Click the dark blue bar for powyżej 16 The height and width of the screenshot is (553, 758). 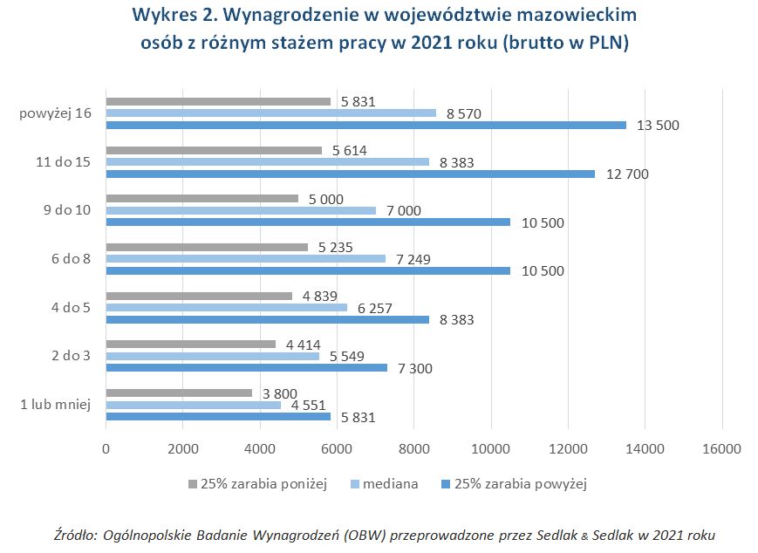coord(366,125)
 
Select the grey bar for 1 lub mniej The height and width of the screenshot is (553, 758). coord(179,393)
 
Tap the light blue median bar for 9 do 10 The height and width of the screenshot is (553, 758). coord(241,210)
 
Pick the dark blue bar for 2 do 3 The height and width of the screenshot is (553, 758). coord(246,367)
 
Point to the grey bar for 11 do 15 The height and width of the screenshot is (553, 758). coord(214,150)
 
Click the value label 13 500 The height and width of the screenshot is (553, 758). coord(658,126)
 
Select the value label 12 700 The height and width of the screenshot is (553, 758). coord(627,174)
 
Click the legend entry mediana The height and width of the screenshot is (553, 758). coord(389,484)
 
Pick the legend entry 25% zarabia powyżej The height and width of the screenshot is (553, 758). coord(518,484)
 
